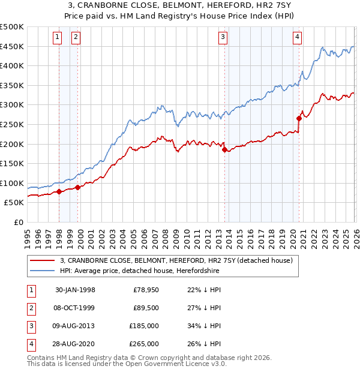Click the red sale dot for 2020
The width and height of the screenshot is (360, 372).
tap(299, 119)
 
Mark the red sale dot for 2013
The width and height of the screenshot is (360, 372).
tap(224, 150)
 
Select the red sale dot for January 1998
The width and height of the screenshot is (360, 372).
tap(59, 191)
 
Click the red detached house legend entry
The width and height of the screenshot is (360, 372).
tap(175, 260)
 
